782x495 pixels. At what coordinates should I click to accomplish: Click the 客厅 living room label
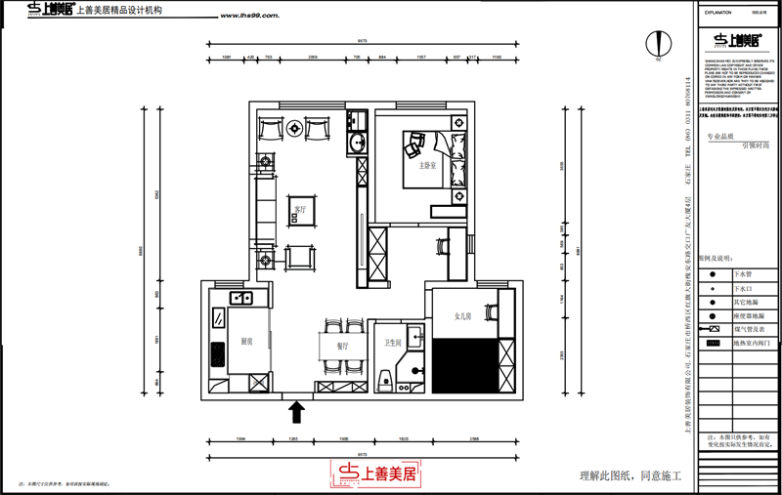[x=300, y=209]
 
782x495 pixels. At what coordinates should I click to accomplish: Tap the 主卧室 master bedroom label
[x=426, y=166]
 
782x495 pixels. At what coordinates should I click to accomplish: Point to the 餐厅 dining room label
[x=342, y=346]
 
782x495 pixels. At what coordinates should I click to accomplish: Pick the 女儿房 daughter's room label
[x=463, y=316]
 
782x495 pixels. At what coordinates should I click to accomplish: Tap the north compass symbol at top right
[x=659, y=43]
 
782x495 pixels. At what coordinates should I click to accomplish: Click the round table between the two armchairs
[x=295, y=128]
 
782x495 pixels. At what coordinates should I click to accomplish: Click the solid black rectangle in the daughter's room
[x=465, y=364]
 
